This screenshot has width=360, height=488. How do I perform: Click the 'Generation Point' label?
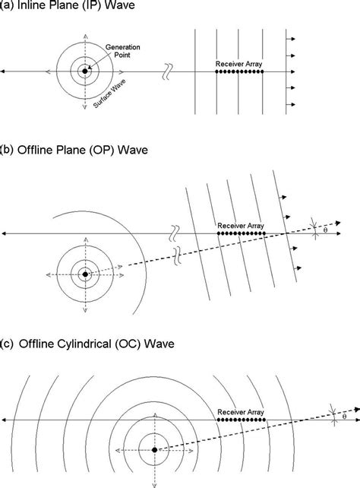pyautogui.click(x=122, y=51)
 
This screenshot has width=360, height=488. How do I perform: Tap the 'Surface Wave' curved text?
pyautogui.click(x=109, y=93)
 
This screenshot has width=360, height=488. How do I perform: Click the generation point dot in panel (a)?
pyautogui.click(x=85, y=71)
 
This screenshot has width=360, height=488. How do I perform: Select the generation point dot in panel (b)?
pyautogui.click(x=85, y=274)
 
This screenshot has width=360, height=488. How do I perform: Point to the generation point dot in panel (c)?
pyautogui.click(x=154, y=450)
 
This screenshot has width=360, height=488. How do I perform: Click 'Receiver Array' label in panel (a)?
pyautogui.click(x=238, y=64)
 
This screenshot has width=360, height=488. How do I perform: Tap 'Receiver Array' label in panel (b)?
pyautogui.click(x=241, y=225)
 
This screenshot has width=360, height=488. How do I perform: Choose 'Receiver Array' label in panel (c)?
pyautogui.click(x=241, y=412)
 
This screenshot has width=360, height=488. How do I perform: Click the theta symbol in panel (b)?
pyautogui.click(x=325, y=230)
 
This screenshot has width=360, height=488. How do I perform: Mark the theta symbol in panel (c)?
pyautogui.click(x=344, y=417)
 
